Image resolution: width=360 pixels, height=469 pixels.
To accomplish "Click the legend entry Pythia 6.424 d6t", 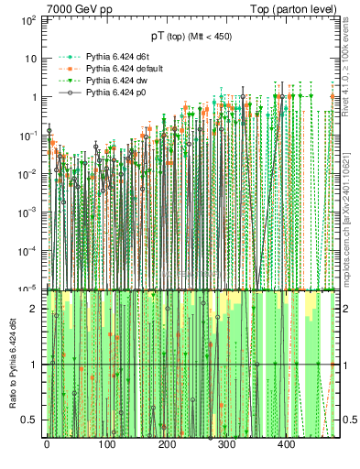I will [115, 55].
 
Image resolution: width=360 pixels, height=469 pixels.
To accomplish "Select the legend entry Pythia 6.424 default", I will [121, 68].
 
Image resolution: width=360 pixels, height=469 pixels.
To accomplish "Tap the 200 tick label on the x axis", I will [167, 444].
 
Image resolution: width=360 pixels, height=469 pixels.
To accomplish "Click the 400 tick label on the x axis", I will [287, 444].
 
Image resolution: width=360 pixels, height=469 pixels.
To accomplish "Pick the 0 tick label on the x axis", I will [47, 444].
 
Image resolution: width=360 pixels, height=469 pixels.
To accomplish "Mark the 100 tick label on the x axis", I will [106, 444].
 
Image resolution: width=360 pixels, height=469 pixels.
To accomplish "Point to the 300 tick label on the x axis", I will [226, 444].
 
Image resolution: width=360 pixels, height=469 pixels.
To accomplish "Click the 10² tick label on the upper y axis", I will [27, 19].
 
